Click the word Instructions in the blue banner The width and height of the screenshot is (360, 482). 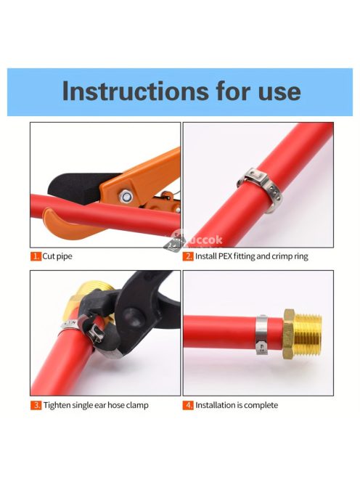click(x=135, y=91)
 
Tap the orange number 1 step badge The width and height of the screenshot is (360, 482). click(x=36, y=256)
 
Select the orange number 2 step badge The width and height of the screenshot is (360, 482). click(x=188, y=256)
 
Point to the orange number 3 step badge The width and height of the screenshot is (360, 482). click(x=36, y=405)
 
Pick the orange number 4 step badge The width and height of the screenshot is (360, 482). click(x=188, y=405)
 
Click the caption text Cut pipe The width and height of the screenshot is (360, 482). click(x=57, y=256)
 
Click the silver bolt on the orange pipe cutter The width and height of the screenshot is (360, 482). click(x=126, y=196)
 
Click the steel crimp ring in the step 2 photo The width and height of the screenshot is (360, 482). click(x=260, y=187)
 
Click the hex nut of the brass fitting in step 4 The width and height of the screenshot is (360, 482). click(x=289, y=334)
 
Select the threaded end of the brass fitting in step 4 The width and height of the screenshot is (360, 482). click(x=308, y=334)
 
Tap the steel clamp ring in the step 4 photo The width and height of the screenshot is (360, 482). click(x=261, y=335)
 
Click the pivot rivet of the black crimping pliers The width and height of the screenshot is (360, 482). click(x=133, y=316)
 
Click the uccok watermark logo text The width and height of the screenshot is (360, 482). click(x=205, y=240)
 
